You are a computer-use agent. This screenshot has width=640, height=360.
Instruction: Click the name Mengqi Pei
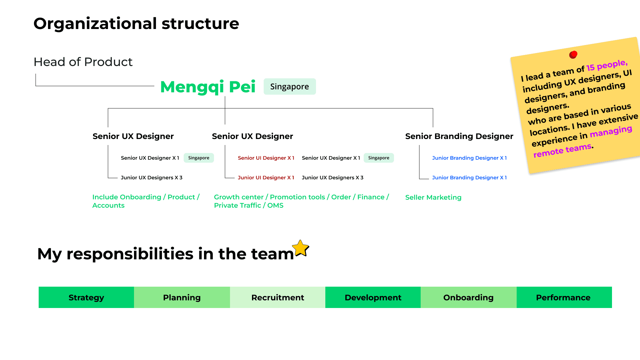(208, 87)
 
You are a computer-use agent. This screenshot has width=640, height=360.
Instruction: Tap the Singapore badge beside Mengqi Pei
(290, 87)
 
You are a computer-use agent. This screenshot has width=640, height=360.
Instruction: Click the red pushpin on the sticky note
(573, 54)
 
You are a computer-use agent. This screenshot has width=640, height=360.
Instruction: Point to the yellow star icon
(301, 248)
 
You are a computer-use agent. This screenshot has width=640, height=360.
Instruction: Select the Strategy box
(86, 297)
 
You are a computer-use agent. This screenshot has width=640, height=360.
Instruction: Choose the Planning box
(182, 297)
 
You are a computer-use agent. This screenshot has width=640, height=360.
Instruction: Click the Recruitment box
(278, 297)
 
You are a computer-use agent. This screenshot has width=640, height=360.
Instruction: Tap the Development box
(373, 297)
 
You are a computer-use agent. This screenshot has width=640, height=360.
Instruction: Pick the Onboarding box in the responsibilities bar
(469, 297)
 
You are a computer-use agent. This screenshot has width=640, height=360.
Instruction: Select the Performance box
(564, 297)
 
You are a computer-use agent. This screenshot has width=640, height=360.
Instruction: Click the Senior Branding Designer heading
(459, 136)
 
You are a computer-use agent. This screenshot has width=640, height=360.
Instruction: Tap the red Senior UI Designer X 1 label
(266, 158)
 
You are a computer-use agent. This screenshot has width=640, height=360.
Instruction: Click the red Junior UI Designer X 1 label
(266, 178)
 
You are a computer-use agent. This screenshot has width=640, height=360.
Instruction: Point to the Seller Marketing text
(433, 197)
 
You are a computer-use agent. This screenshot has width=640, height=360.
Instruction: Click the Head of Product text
(83, 62)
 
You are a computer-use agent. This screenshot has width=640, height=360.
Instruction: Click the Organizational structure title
(136, 24)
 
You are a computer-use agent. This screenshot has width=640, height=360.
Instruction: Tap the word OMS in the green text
(275, 205)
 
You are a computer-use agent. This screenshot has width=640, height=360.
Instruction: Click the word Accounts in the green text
(108, 205)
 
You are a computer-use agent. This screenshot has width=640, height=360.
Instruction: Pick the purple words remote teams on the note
(563, 150)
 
